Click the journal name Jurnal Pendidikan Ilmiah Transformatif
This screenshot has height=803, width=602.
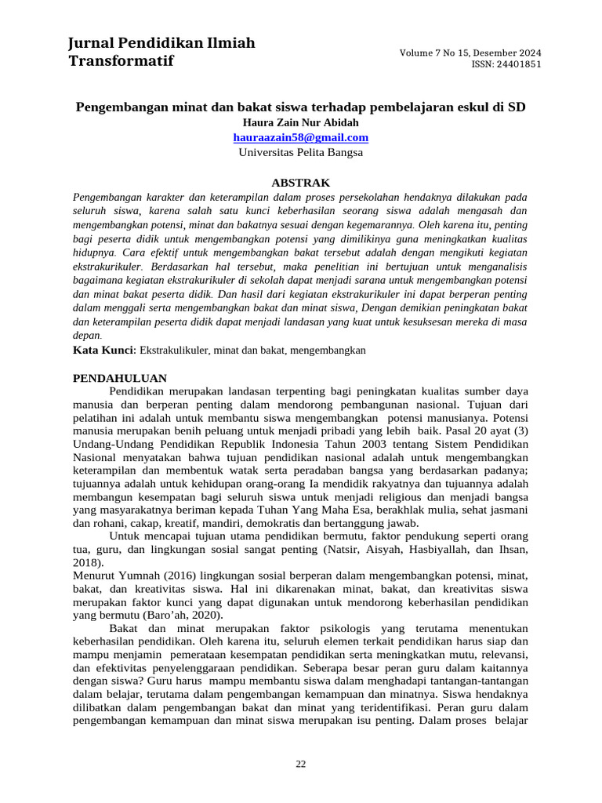coord(161,52)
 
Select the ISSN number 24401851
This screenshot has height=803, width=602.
coord(517,64)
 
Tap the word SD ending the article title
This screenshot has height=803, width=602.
coord(518,107)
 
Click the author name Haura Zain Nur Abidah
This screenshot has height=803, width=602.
coord(301,122)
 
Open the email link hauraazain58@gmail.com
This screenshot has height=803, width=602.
coord(301,137)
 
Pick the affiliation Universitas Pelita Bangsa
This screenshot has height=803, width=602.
coord(301,152)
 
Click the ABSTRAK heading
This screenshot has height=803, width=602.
coord(301,182)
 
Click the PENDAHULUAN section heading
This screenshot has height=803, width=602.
coord(119,378)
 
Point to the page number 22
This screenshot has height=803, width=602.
coord(301,765)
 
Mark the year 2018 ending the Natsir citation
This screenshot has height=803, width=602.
coord(87,562)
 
